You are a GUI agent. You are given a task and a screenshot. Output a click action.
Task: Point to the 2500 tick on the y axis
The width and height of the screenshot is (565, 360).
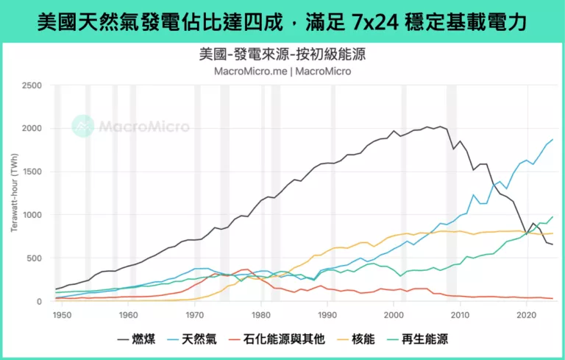[32, 85]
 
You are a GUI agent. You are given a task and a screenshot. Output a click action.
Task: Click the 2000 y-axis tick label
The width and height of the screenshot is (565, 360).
[32, 129]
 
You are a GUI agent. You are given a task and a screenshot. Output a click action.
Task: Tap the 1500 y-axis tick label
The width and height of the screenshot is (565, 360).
[32, 172]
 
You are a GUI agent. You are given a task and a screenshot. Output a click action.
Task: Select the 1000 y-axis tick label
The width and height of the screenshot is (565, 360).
[32, 215]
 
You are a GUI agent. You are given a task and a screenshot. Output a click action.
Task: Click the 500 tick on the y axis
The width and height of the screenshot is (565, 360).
[35, 258]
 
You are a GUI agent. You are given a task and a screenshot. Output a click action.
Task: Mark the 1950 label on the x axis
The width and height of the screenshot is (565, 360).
[62, 315]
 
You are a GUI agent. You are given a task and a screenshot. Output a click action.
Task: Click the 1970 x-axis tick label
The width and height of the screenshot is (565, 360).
[194, 315]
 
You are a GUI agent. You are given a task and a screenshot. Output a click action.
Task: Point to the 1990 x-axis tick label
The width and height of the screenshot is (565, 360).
[327, 315]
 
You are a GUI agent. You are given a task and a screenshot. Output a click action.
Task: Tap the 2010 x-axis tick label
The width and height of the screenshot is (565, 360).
[459, 315]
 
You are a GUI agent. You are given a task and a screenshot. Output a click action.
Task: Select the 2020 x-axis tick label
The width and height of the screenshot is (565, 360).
[525, 315]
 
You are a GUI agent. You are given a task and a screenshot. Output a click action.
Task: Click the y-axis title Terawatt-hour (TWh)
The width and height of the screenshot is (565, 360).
[14, 194]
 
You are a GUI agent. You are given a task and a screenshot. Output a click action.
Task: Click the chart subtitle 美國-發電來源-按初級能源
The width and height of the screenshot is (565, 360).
[282, 55]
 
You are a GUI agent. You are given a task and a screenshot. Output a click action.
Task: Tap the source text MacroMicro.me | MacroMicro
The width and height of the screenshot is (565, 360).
[282, 71]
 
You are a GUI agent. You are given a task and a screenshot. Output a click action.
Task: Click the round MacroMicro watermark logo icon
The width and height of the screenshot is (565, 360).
[82, 126]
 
